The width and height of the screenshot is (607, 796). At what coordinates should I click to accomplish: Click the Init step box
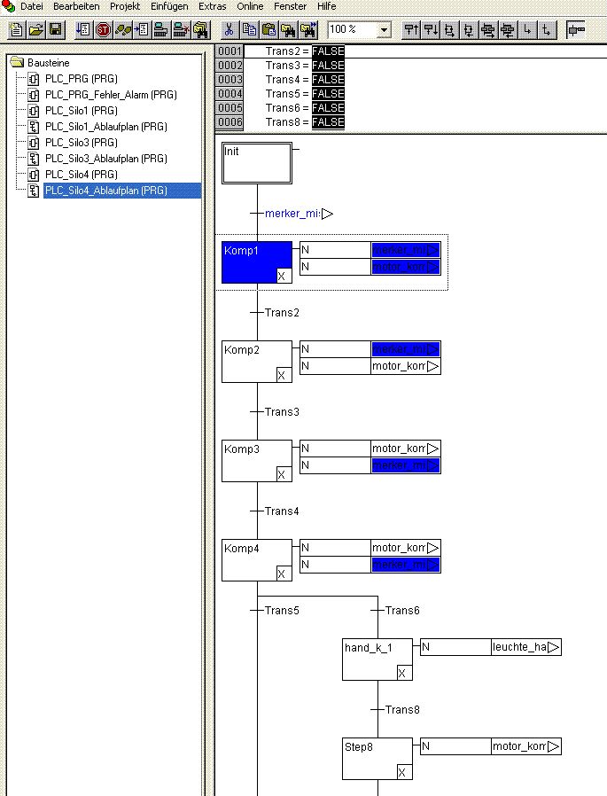tap(256, 163)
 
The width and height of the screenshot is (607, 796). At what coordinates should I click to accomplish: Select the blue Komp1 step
tap(256, 261)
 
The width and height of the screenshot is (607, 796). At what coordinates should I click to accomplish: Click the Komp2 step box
tap(256, 361)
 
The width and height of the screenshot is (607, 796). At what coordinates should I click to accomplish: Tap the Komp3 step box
tap(256, 460)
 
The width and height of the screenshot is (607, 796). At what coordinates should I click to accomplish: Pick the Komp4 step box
tap(256, 559)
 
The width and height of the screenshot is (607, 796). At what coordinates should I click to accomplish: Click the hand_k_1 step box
tap(377, 659)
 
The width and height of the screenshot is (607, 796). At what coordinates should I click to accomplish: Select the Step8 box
tap(377, 758)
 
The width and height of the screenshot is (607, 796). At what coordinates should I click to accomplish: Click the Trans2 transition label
tap(282, 313)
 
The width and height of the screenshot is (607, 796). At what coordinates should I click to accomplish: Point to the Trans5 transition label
tap(282, 611)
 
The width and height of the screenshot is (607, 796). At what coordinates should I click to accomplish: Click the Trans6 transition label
tap(402, 611)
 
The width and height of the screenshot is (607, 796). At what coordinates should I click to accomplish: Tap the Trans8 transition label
tap(402, 710)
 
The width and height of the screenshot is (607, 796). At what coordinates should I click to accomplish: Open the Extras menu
tap(213, 6)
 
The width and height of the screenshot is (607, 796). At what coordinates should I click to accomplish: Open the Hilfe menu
tap(326, 6)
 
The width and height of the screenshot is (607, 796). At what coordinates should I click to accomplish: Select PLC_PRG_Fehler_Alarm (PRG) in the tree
tap(111, 95)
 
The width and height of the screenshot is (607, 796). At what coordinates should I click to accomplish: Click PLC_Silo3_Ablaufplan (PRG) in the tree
tap(105, 159)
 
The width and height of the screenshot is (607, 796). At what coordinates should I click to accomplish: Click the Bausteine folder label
tap(48, 64)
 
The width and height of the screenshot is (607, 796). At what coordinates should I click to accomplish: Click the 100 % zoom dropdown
tap(359, 30)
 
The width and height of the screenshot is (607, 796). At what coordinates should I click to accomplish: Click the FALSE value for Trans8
tap(328, 122)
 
